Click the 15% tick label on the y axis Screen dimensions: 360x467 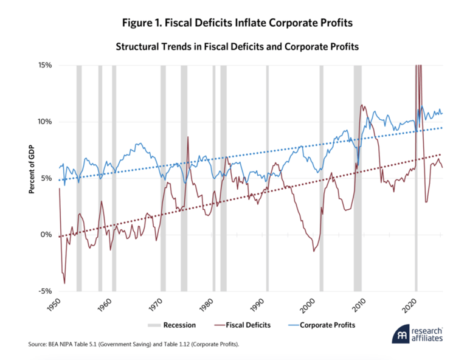click(x=44, y=65)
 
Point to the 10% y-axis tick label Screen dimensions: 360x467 click(x=44, y=122)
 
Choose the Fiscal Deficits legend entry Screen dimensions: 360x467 click(x=243, y=325)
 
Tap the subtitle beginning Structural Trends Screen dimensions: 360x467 click(x=234, y=45)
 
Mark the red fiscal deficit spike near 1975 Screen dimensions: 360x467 click(x=188, y=137)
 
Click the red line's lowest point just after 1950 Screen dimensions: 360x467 click(x=64, y=283)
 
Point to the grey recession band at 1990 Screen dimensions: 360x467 click(x=267, y=176)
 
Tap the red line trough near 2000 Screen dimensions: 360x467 click(x=314, y=251)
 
